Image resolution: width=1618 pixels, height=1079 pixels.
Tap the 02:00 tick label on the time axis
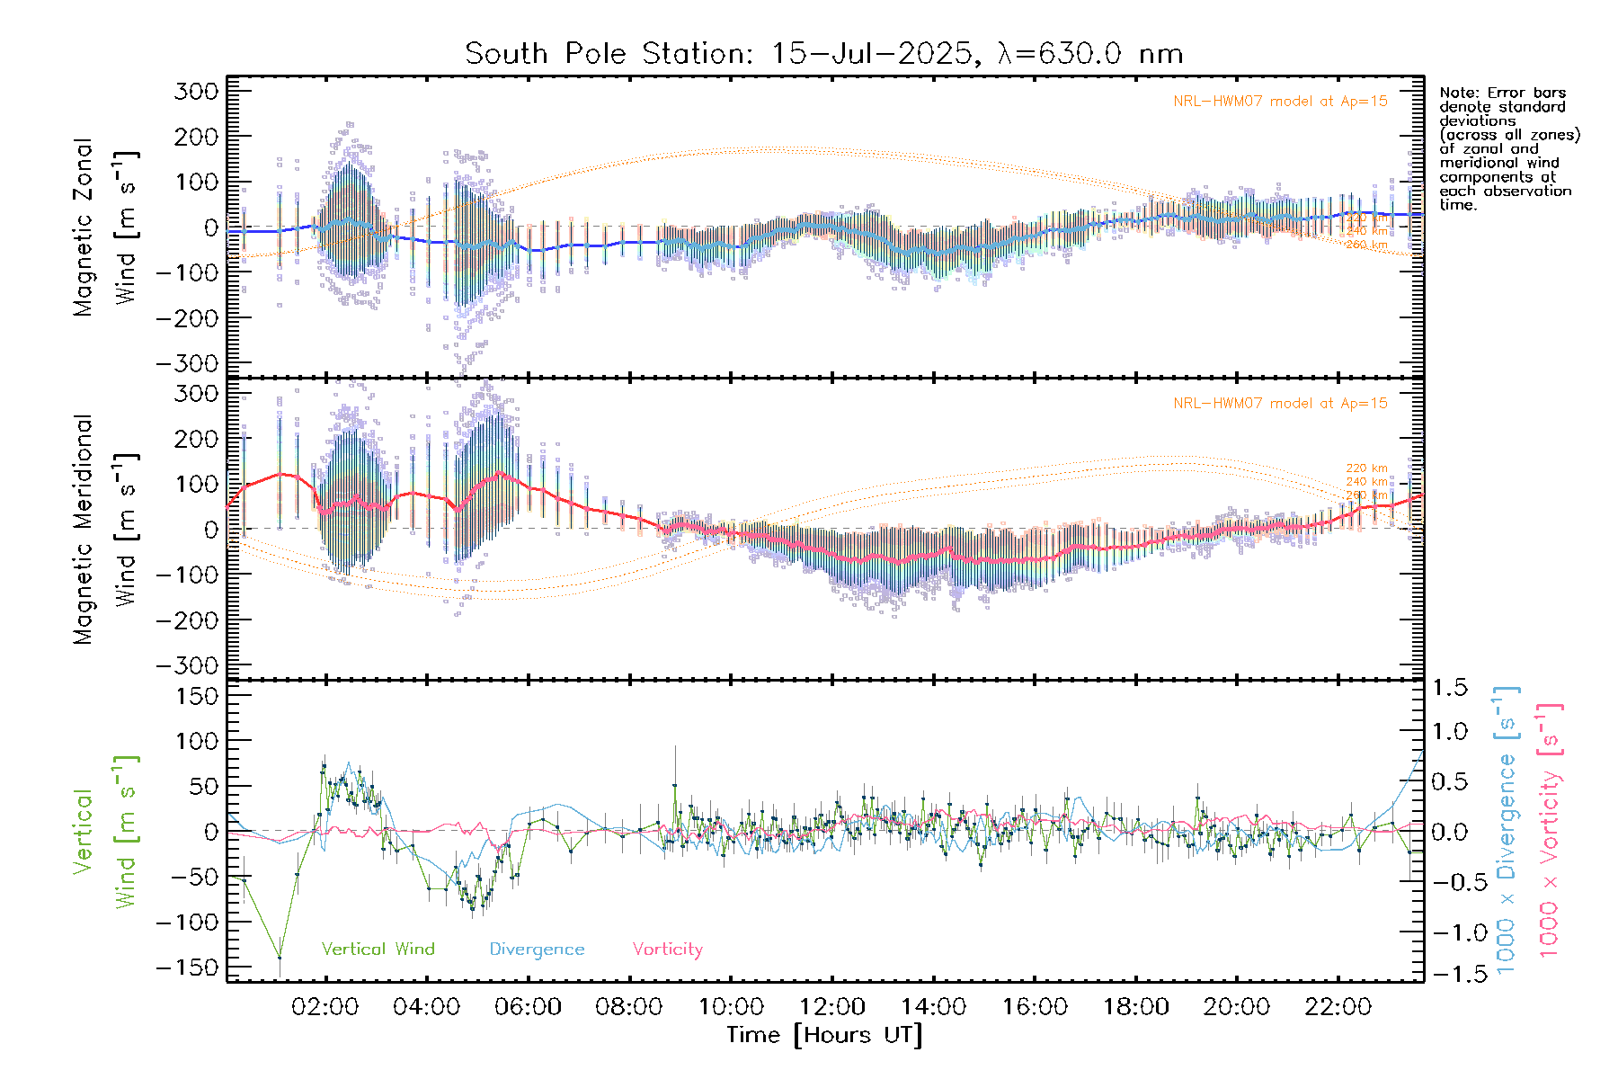324,1007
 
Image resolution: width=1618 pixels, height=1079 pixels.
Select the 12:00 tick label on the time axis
831,1007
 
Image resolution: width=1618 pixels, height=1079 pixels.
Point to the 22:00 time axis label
1338,1007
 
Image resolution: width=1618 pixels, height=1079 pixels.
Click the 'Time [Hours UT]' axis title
824,1035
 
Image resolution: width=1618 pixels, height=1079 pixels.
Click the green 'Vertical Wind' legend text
378,949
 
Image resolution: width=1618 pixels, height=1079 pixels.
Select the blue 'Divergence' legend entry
537,949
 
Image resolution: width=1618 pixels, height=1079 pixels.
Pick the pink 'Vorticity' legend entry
667,949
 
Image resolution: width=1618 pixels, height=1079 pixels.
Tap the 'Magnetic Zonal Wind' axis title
106,227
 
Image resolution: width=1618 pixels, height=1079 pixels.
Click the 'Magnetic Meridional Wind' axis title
106,529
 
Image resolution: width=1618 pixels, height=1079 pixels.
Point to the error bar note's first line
1502,93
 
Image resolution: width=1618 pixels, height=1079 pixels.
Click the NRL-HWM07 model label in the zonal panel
1280,101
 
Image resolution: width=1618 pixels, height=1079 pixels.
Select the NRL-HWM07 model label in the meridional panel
1280,403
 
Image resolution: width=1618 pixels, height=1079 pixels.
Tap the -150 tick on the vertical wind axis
187,968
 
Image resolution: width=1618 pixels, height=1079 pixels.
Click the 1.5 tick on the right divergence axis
1449,688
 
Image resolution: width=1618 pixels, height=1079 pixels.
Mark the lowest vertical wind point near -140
280,957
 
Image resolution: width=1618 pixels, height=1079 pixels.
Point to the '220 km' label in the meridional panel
1366,468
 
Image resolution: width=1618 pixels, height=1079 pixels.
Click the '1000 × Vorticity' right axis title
1550,829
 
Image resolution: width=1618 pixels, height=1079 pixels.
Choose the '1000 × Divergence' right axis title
1506,829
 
